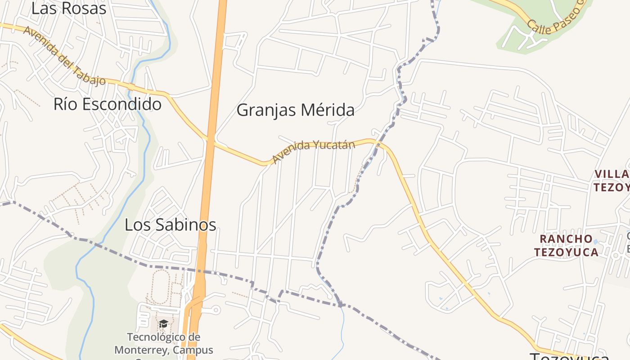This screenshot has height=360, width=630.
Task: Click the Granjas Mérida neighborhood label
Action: (295, 110)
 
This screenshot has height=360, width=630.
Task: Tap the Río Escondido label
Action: (108, 104)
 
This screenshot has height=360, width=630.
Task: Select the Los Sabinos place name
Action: (170, 225)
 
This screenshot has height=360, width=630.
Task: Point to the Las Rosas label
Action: (68, 9)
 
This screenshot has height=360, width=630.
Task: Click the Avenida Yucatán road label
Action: (314, 151)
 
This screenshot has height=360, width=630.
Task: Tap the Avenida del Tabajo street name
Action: (64, 56)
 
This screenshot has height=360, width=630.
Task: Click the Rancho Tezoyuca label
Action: (566, 246)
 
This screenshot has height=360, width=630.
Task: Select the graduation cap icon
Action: (163, 324)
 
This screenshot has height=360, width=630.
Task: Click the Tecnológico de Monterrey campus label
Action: (163, 343)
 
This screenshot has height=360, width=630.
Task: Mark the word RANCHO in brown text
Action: (566, 239)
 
